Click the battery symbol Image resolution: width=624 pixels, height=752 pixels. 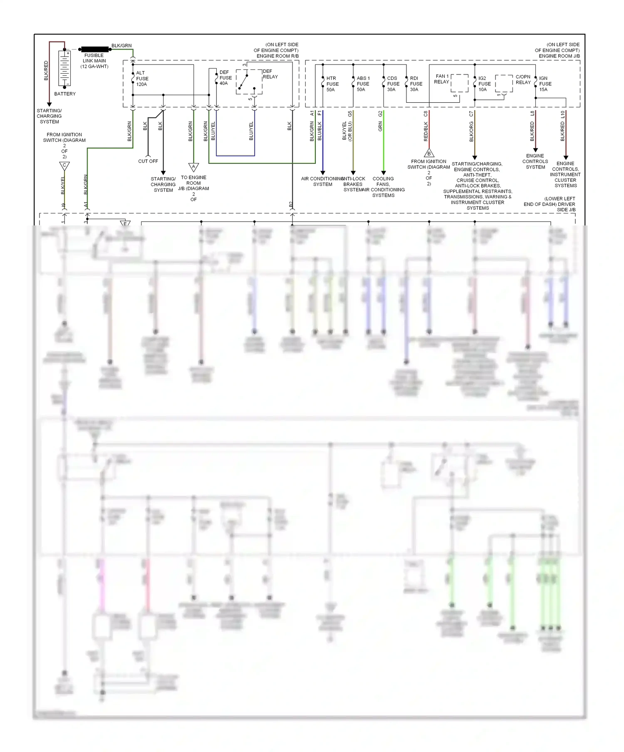click(x=65, y=69)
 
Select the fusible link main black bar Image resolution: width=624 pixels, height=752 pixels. click(x=95, y=49)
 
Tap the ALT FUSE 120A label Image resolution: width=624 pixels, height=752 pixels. click(x=142, y=79)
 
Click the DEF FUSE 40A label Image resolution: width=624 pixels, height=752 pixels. click(x=225, y=78)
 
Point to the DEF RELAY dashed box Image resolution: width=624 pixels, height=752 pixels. click(x=249, y=82)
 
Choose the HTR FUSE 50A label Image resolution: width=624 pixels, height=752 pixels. click(x=332, y=84)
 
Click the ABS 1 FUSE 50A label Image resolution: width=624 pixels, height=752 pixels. click(x=363, y=84)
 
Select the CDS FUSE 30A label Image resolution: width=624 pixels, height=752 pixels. click(x=393, y=84)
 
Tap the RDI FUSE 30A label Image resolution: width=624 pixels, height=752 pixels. click(x=416, y=84)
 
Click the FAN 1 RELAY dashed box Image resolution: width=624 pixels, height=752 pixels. click(x=459, y=83)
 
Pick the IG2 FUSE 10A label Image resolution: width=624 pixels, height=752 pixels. click(x=484, y=84)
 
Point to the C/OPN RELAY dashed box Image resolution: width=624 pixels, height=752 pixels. click(x=504, y=84)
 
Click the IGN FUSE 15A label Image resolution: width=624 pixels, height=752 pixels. click(x=545, y=84)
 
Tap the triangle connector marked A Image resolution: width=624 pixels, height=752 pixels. click(x=193, y=167)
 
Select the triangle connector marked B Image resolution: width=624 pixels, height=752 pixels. click(x=429, y=153)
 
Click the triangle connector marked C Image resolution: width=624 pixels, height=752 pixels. click(x=64, y=166)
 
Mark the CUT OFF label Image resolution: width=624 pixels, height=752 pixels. click(x=148, y=161)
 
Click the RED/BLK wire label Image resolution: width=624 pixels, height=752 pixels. click(x=426, y=131)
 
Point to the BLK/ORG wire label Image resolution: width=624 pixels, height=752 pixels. click(x=471, y=132)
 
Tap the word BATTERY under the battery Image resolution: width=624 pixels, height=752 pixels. click(x=65, y=94)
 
